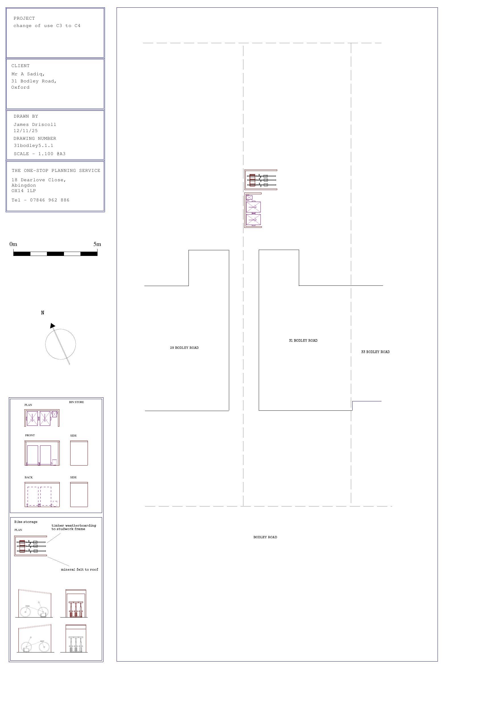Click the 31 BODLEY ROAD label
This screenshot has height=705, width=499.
303,341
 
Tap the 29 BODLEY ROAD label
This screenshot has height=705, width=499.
184,348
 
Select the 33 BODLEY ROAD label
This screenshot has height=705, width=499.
375,352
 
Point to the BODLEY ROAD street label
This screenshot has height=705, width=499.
265,537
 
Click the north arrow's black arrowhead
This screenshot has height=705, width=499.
53,326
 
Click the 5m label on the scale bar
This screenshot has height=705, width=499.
97,244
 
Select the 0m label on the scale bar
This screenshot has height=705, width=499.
13,244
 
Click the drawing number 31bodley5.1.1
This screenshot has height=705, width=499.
33,145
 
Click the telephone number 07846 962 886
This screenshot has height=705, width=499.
49,200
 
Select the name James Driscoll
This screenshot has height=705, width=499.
35,124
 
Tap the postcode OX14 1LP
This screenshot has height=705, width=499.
24,191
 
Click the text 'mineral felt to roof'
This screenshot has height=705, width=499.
79,570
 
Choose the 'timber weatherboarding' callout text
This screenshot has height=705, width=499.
74,526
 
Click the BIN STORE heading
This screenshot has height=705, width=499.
76,402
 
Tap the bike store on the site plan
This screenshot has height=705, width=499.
261,180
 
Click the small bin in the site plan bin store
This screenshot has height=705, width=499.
249,197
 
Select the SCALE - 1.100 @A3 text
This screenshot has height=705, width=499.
39,154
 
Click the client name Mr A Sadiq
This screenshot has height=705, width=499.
28,74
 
